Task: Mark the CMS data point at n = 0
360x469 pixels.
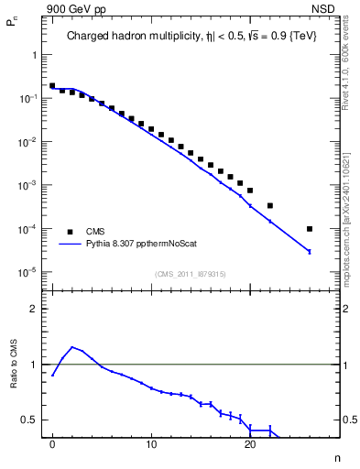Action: coord(52,85)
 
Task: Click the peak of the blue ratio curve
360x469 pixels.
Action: coord(72,347)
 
